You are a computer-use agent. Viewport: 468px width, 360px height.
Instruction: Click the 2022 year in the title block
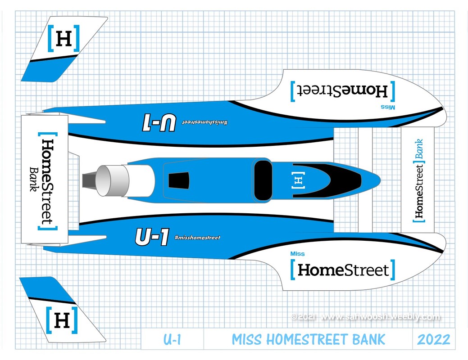pyautogui.click(x=434, y=339)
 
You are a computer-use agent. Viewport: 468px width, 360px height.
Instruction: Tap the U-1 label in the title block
pyautogui.click(x=172, y=339)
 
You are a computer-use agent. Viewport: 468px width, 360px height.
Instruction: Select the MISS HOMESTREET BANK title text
pyautogui.click(x=308, y=339)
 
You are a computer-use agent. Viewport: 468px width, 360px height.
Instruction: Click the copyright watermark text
pyautogui.click(x=365, y=317)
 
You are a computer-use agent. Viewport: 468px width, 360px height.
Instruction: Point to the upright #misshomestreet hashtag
pyautogui.click(x=197, y=238)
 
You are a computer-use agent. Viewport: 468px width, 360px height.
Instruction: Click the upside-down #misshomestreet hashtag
pyautogui.click(x=205, y=122)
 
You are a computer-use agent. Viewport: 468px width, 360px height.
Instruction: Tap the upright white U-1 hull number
pyautogui.click(x=152, y=237)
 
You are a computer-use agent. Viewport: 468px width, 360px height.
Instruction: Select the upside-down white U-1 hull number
pyautogui.click(x=159, y=122)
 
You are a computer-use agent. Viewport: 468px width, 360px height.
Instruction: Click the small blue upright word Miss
pyautogui.click(x=297, y=254)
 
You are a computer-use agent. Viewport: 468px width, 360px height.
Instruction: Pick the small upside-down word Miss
pyautogui.click(x=388, y=107)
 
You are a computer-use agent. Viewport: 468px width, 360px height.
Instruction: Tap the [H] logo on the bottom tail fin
pyautogui.click(x=62, y=320)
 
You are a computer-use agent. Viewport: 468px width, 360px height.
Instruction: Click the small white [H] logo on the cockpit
pyautogui.click(x=298, y=180)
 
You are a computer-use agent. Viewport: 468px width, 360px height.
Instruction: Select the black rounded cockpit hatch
pyautogui.click(x=263, y=180)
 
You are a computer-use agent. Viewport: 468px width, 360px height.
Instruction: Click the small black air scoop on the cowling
pyautogui.click(x=179, y=180)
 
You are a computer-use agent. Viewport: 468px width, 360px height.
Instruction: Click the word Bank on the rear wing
pyautogui.click(x=34, y=179)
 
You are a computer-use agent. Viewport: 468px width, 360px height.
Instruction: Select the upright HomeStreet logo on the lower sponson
pyautogui.click(x=343, y=270)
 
